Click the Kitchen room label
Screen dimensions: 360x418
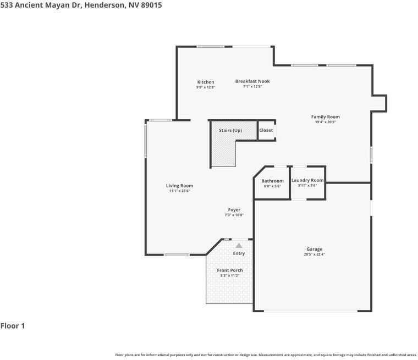206,82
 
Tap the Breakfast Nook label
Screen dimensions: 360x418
252,81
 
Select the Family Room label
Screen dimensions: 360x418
325,117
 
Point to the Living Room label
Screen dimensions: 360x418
179,186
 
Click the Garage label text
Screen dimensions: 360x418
314,249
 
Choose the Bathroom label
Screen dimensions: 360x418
272,181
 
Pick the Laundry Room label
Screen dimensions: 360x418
307,180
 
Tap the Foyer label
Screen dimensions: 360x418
234,210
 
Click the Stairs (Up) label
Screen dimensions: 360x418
230,130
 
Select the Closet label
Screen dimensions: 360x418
266,130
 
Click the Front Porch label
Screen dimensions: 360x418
229,270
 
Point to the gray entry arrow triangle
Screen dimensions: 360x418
239,246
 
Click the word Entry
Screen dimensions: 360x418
239,253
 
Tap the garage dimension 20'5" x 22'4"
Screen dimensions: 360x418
314,254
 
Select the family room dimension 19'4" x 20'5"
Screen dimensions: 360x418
325,122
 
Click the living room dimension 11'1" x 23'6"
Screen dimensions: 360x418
179,191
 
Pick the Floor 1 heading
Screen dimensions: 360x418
13,326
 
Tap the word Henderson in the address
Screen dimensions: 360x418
105,4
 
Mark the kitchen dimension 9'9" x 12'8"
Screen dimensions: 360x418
206,87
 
